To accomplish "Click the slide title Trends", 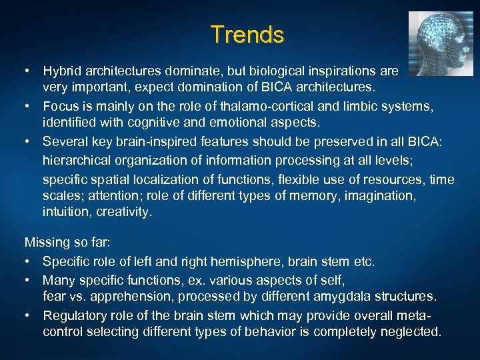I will (247, 34).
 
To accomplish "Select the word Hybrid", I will (62, 70).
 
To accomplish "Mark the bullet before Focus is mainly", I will (29, 105).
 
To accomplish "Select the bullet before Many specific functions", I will (29, 279).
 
